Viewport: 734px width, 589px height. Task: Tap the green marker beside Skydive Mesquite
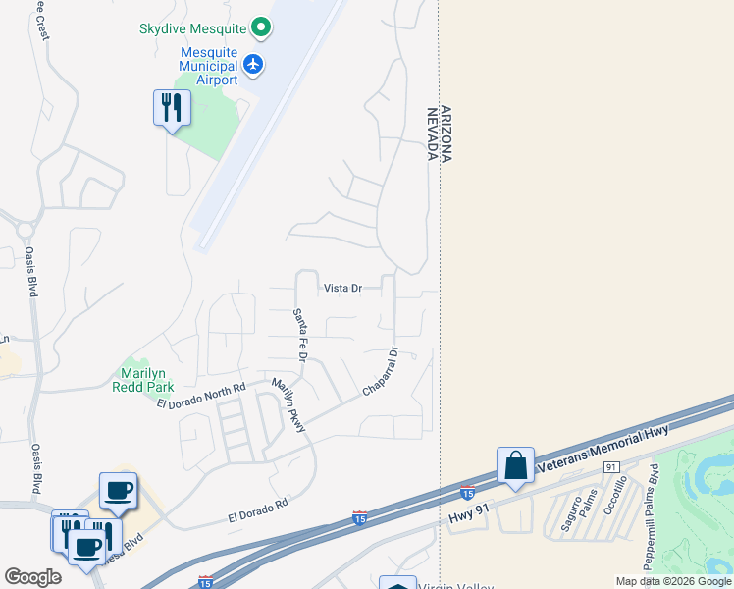coord(260,27)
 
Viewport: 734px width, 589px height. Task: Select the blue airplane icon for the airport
coord(254,65)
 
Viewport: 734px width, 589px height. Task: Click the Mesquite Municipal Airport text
coord(208,66)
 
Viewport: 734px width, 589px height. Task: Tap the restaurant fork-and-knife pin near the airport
coord(172,108)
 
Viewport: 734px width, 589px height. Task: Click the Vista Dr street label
coord(343,289)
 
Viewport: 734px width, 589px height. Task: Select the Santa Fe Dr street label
coord(300,335)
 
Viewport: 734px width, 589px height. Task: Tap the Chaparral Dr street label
coord(379,372)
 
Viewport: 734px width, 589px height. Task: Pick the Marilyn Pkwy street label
coord(289,405)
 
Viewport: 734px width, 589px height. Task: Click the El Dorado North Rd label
coord(200,398)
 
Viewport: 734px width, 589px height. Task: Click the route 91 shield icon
coord(610,467)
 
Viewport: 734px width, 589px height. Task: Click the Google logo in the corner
coord(33,577)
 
